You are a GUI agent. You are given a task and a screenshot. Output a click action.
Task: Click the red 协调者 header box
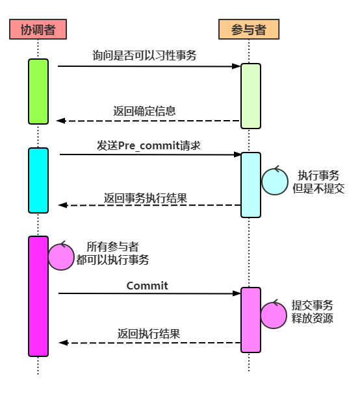point(38,29)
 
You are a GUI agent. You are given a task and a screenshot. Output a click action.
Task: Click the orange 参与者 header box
point(249,29)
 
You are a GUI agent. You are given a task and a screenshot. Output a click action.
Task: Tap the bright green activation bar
point(38,92)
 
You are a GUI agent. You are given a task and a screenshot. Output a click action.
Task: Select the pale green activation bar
point(251,96)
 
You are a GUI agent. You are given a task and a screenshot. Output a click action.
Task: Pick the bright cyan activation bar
point(38,180)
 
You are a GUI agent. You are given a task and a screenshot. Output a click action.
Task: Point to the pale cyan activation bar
point(251,185)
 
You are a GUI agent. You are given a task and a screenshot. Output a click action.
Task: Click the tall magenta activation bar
point(38,296)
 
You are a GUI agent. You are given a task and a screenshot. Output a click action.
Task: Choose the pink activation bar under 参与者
point(251,320)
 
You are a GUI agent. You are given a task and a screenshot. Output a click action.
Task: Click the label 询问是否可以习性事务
point(144,55)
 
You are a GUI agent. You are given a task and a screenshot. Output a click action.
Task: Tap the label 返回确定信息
point(144,111)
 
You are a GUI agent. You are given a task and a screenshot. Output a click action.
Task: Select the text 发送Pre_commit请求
point(149,145)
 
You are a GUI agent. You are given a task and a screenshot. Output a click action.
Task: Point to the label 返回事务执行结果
point(146,198)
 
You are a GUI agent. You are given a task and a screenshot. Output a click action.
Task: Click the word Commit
point(147,286)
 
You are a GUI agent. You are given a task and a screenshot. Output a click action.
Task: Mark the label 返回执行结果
point(149,334)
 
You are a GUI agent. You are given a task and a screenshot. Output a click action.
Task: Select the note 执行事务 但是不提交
point(318,182)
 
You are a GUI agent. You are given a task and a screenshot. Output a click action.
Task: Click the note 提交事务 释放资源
point(312,312)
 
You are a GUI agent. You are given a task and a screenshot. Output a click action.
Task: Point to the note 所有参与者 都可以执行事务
point(112,253)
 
